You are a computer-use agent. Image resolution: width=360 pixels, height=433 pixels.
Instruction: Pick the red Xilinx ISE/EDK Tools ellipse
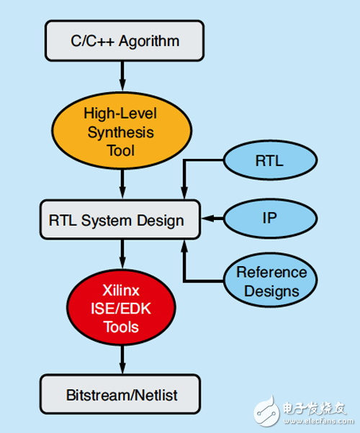click(121, 309)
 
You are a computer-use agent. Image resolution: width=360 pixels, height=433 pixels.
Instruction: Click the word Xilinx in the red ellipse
click(121, 292)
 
